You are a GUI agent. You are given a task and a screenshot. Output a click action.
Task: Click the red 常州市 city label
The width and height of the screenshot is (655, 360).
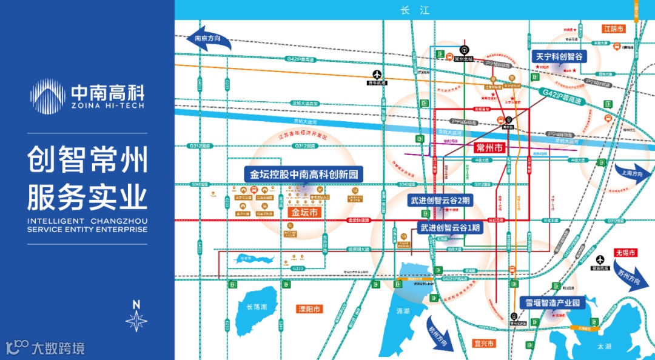[x=490, y=147]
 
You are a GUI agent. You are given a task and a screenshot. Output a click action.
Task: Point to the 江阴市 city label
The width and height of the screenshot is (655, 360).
[x=613, y=28]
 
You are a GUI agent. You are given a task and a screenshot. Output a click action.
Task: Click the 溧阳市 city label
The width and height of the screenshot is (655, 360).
[x=311, y=308]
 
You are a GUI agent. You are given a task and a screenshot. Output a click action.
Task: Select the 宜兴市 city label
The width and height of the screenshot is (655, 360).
[x=485, y=344]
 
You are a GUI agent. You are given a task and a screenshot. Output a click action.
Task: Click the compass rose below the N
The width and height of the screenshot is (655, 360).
[x=136, y=321]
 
